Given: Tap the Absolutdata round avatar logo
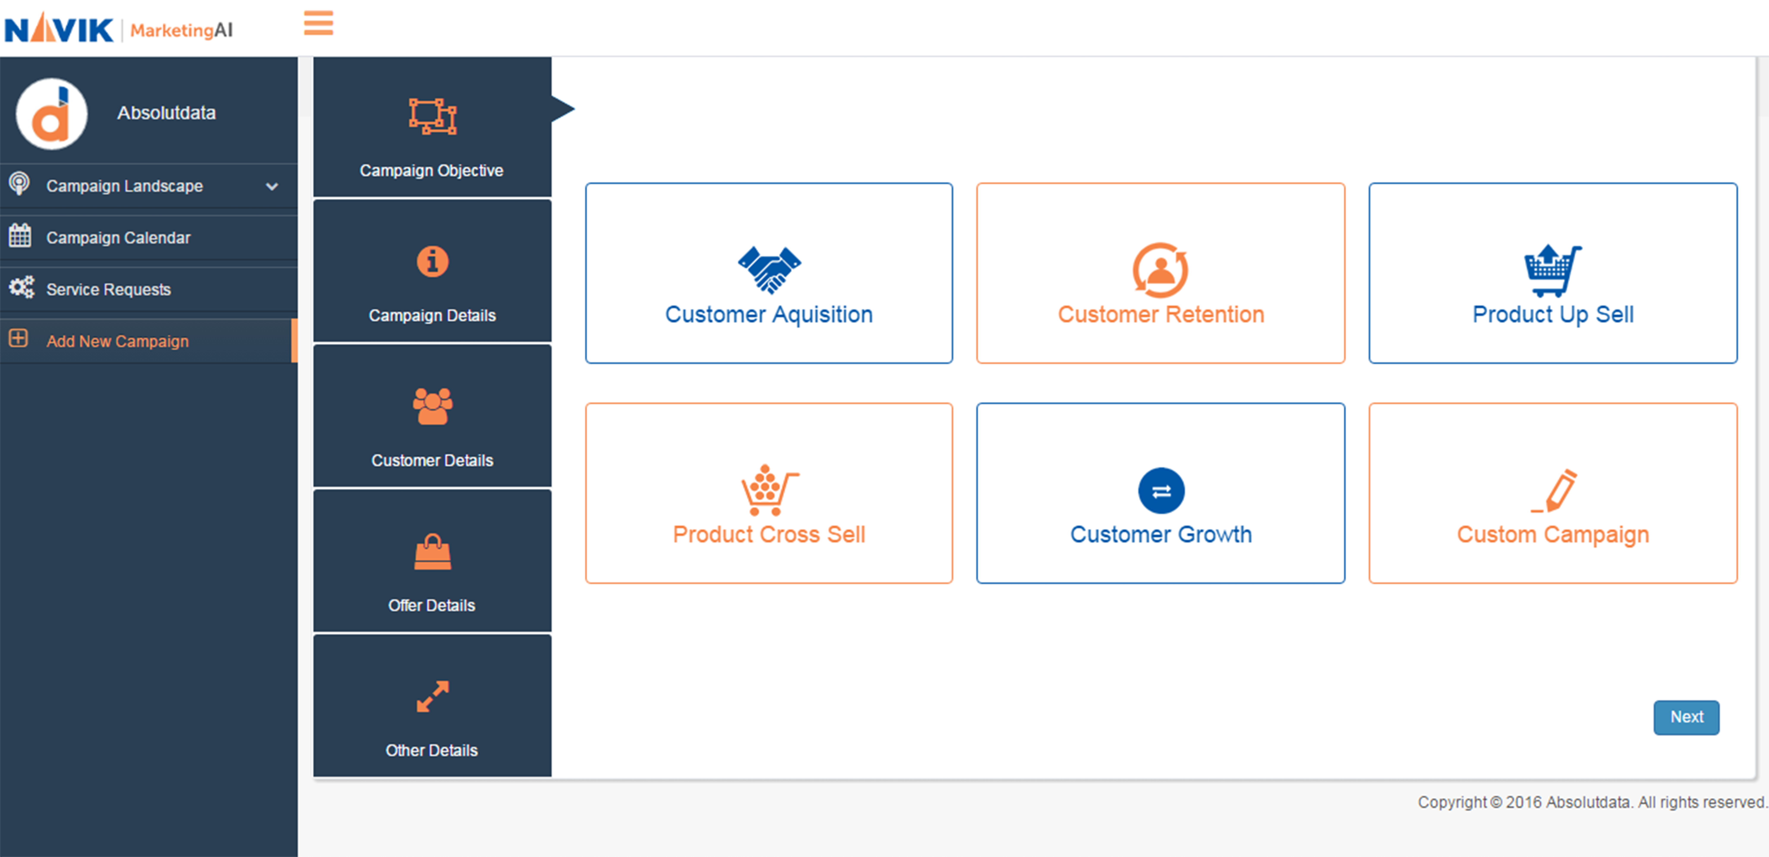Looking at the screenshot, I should [52, 114].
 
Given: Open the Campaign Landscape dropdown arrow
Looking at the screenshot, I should [272, 186].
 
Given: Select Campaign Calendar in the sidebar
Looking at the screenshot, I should [118, 238].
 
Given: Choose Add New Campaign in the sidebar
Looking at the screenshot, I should [117, 341].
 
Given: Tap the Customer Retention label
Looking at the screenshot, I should [1160, 315].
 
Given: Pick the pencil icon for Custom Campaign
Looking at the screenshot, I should [1556, 490].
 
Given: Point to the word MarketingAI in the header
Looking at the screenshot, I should [181, 30].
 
